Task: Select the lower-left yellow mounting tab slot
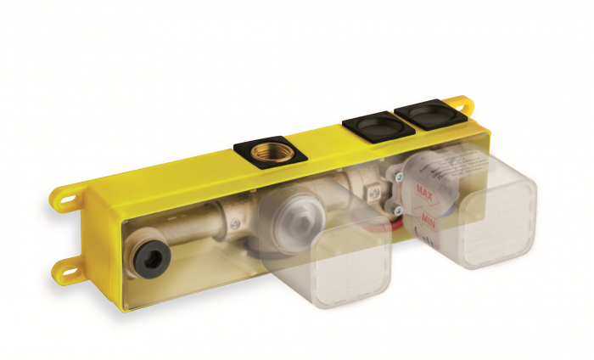point(69,269)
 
